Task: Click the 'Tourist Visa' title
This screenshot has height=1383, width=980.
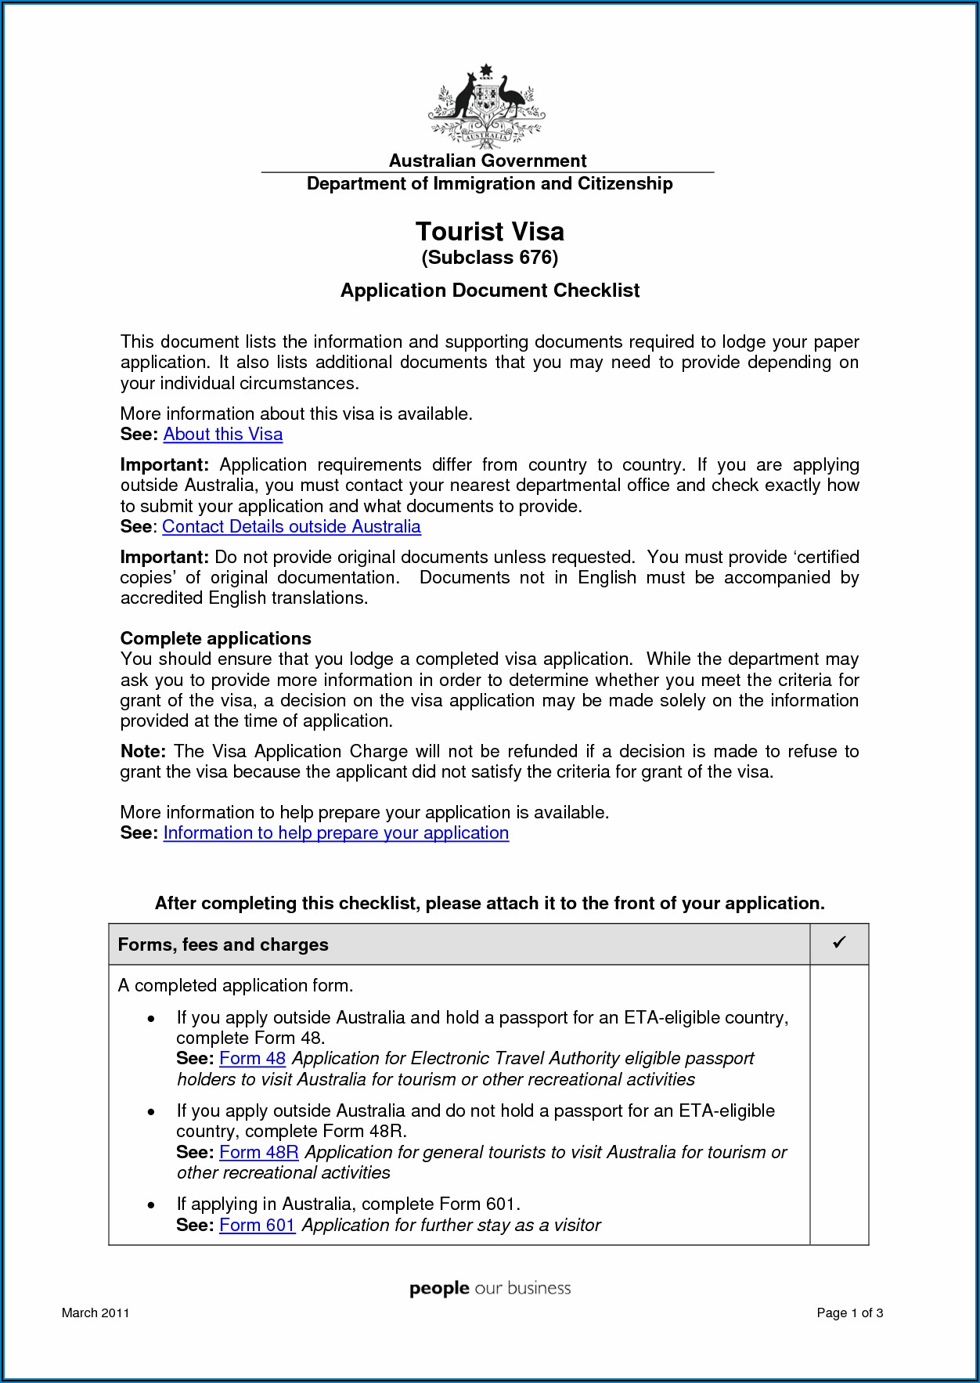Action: click(x=489, y=232)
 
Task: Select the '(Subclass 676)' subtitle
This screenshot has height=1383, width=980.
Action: click(x=489, y=258)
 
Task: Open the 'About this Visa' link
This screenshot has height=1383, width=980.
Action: click(x=223, y=435)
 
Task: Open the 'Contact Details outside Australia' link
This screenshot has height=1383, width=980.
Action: click(x=291, y=527)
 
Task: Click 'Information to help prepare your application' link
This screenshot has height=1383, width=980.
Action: click(x=336, y=833)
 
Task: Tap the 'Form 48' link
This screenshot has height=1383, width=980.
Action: click(x=252, y=1059)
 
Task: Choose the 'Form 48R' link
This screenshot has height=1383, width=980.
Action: click(x=259, y=1153)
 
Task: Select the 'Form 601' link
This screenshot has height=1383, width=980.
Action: click(x=257, y=1226)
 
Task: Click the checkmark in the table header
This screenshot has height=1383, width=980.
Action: click(x=839, y=943)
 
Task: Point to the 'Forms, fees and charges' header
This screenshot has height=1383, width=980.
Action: click(x=223, y=945)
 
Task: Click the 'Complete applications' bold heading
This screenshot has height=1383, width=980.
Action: click(x=215, y=639)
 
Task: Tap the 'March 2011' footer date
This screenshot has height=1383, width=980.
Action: click(x=95, y=1313)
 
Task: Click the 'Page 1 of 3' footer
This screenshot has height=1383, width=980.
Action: click(x=849, y=1313)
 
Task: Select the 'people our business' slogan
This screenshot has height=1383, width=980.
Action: click(x=490, y=1289)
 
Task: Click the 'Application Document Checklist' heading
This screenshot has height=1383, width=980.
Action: click(x=489, y=291)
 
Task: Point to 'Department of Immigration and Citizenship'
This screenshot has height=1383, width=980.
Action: click(x=489, y=184)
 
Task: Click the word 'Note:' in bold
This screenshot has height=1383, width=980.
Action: click(x=142, y=752)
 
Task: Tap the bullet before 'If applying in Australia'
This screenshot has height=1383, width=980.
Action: click(x=151, y=1205)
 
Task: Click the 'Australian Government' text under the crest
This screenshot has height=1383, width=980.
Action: click(x=487, y=161)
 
